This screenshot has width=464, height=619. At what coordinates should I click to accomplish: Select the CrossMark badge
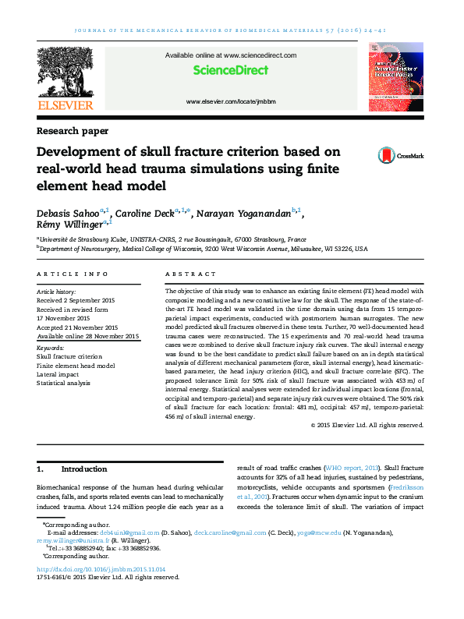pos(401,156)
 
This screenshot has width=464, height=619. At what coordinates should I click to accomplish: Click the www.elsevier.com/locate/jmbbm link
pos(231,102)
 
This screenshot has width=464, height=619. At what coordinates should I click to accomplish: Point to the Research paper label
pos(73,131)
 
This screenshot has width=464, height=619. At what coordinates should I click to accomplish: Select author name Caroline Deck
pos(145,214)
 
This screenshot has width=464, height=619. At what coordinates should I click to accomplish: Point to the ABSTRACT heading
pos(191,274)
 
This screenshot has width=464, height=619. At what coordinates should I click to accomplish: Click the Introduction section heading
pos(83,469)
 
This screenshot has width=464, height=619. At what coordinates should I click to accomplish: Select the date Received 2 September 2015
pos(76,300)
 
